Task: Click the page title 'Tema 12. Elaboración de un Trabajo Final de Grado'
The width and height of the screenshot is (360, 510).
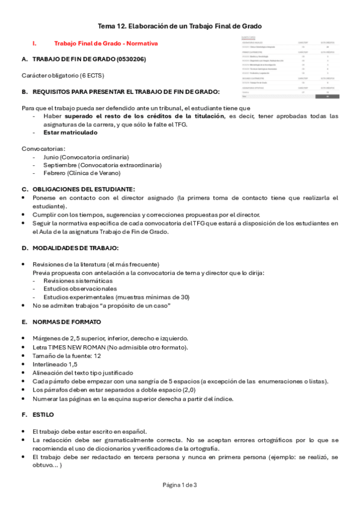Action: (180, 26)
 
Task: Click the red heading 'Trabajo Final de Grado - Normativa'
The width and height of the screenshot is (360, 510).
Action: (106, 44)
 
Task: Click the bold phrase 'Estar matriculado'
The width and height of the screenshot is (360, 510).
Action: (70, 132)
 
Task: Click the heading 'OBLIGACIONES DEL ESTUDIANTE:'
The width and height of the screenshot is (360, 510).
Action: (84, 189)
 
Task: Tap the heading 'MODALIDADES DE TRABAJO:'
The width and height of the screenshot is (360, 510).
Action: (75, 248)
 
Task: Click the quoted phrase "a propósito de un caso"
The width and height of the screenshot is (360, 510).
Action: (136, 306)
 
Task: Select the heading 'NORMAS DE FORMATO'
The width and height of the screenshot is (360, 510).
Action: (67, 322)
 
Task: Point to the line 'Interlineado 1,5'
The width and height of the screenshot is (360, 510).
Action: (55, 364)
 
